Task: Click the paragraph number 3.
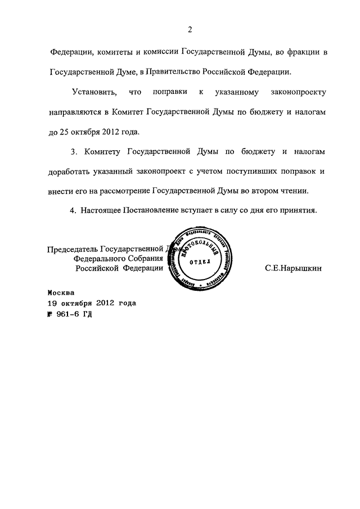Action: [x=73, y=152]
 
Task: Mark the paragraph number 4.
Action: [x=72, y=211]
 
